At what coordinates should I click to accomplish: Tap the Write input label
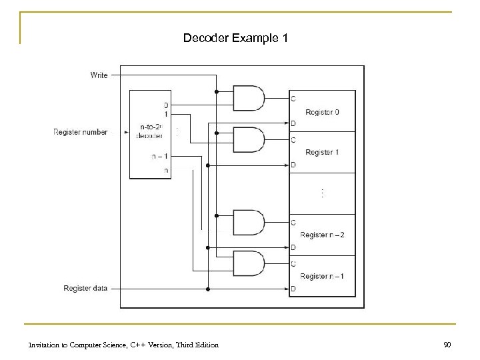click(99, 75)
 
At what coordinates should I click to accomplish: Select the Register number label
click(80, 132)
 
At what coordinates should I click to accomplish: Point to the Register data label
click(85, 289)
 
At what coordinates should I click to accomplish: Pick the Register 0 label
click(323, 112)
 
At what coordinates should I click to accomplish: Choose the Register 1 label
click(323, 152)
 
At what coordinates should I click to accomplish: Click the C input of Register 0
click(293, 99)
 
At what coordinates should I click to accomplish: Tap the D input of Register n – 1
click(293, 289)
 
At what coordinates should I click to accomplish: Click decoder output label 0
click(166, 105)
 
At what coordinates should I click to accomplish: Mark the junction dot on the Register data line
click(209, 289)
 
